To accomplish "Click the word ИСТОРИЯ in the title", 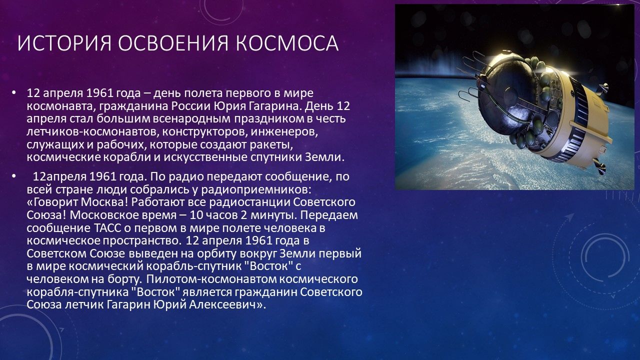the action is pos(64,43).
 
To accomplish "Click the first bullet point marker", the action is pos(13,93).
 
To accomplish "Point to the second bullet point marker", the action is pos(13,176).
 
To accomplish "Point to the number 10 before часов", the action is pos(196,215).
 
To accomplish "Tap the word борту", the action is pos(125,279).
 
